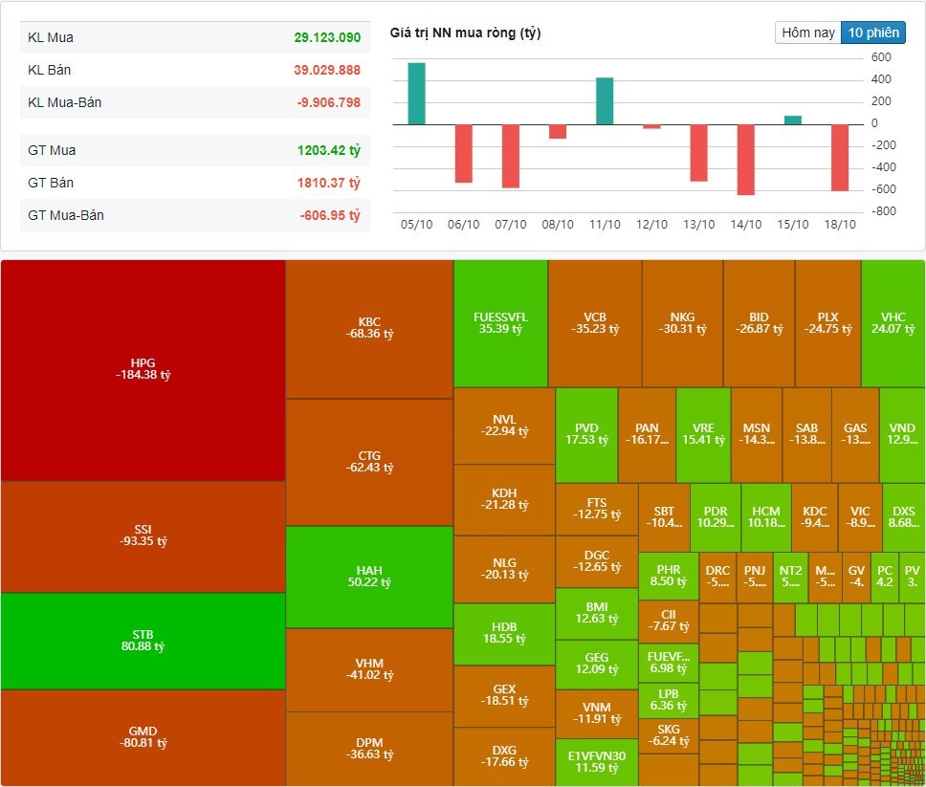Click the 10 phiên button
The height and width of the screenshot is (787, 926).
(872, 33)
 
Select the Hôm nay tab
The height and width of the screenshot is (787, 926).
(808, 33)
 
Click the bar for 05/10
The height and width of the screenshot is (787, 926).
(416, 94)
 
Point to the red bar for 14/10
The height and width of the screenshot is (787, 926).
(745, 159)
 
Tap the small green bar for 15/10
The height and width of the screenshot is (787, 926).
(792, 120)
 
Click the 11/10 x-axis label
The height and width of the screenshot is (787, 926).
(605, 225)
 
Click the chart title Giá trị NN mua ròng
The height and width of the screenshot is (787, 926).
(465, 33)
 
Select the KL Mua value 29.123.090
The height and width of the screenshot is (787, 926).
(327, 37)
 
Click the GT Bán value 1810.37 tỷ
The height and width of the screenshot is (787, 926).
(327, 183)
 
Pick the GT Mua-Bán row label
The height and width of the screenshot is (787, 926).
(66, 215)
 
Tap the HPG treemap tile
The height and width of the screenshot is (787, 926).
(143, 369)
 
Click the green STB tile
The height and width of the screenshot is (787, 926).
(143, 641)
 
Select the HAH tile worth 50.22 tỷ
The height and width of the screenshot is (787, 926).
(368, 577)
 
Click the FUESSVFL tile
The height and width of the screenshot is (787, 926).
(500, 323)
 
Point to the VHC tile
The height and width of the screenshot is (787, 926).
(893, 323)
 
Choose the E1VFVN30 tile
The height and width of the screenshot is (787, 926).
(596, 761)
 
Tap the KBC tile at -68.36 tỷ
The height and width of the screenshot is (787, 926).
(368, 328)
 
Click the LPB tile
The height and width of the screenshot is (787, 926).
(668, 700)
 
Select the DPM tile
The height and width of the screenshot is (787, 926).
(368, 748)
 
